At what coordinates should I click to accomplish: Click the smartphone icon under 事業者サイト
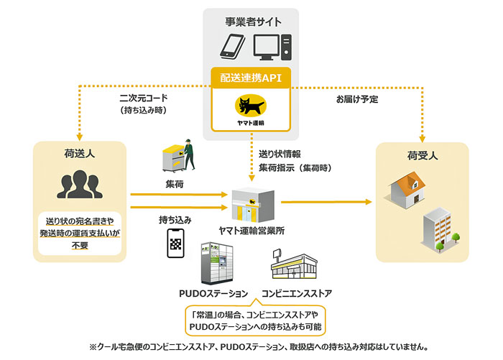pos(233,47)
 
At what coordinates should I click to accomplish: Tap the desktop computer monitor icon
pos(267,47)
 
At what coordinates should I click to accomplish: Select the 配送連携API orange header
pos(251,78)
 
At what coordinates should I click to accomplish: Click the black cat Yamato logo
pos(251,105)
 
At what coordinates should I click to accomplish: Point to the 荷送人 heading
pos(80,154)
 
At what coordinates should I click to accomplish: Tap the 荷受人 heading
pos(423,156)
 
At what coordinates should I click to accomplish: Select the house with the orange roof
pos(407,190)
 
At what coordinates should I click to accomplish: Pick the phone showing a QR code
pos(176,243)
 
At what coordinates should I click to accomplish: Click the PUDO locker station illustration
pos(217,263)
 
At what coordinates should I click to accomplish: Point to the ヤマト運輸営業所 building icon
pos(253,205)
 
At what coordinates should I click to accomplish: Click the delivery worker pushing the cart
pos(179,156)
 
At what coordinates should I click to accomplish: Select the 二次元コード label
pos(144,98)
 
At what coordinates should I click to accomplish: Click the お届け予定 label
pos(357,99)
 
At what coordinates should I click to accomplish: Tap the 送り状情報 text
pos(280,154)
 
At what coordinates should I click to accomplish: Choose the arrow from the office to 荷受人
pos(326,202)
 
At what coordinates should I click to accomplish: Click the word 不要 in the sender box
pos(80,246)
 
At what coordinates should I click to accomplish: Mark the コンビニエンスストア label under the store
pos(297,293)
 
